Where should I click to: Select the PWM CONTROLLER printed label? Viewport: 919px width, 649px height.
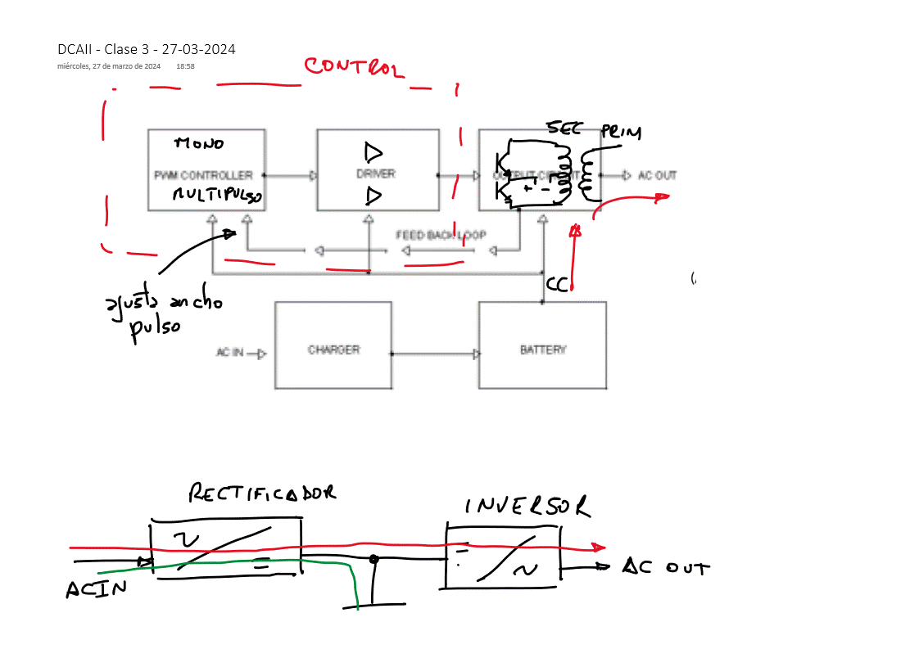click(x=203, y=175)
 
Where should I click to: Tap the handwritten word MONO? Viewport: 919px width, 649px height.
click(x=199, y=144)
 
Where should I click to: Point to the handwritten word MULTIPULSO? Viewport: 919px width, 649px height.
click(x=217, y=196)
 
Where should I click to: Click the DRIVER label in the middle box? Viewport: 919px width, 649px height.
click(x=376, y=174)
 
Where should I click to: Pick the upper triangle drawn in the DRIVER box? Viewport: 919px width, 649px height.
click(x=373, y=152)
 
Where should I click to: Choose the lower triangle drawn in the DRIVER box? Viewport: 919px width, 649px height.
click(x=373, y=196)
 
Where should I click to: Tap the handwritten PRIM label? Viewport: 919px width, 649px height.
click(x=621, y=133)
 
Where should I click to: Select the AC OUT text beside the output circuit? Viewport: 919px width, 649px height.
click(x=657, y=175)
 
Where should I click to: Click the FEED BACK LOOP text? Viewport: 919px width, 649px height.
click(x=441, y=236)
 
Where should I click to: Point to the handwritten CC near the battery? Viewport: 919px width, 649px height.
click(x=558, y=285)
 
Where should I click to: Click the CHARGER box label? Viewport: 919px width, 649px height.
click(x=333, y=349)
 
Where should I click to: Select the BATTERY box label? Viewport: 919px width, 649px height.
click(x=543, y=349)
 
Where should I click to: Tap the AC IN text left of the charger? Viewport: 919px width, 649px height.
click(x=229, y=354)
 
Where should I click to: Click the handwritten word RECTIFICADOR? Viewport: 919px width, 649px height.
click(x=262, y=493)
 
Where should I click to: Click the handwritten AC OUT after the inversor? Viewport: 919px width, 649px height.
click(x=665, y=566)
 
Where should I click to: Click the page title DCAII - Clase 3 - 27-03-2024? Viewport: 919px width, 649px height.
click(x=147, y=49)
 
